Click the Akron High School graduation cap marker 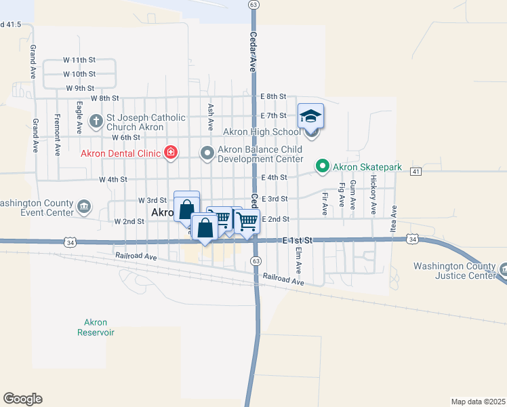(x=310, y=117)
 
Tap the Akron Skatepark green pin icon (x=323, y=166)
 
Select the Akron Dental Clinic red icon (x=171, y=153)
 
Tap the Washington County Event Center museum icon (x=83, y=206)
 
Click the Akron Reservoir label (x=96, y=328)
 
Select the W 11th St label (x=79, y=61)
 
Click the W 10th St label (x=79, y=74)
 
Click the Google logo (x=22, y=399)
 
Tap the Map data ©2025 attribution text (x=477, y=402)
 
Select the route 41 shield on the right (x=415, y=172)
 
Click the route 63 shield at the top (x=254, y=4)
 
